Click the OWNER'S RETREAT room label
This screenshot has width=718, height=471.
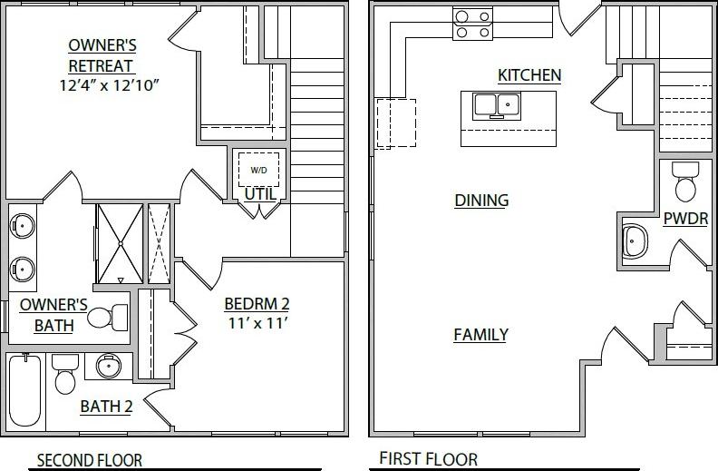102,55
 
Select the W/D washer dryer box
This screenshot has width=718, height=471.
258,170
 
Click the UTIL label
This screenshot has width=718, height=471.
259,193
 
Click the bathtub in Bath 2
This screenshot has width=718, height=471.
24,389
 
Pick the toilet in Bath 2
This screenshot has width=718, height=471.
64,375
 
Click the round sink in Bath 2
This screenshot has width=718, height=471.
109,367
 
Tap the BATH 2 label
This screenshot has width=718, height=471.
106,407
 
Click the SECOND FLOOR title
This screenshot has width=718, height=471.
89,460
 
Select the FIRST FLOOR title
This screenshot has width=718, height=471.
428,459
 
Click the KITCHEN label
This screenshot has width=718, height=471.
529,74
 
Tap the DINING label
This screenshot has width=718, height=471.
481,200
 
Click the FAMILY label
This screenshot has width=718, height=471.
480,335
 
